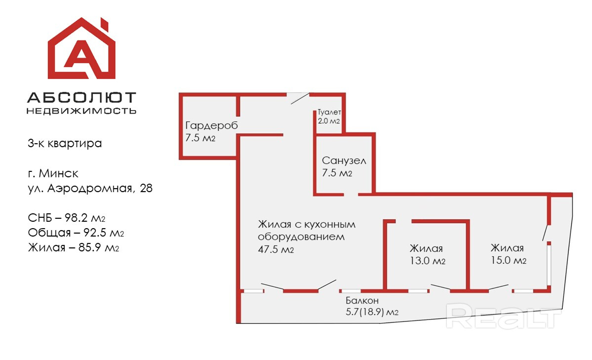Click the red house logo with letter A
coord(81,49)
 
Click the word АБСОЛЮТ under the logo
coord(81,98)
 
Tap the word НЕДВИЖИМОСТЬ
coord(81,111)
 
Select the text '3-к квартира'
coord(65,144)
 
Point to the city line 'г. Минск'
coord(53,173)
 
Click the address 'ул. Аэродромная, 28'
coord(90,188)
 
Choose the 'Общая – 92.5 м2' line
coord(76,233)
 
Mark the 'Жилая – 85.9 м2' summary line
coord(74,247)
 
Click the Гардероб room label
coord(211,125)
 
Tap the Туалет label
coord(329,112)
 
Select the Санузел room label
coord(344,160)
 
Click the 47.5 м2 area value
coord(276,249)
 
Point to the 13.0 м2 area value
coord(428,261)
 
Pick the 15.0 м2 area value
coord(508,260)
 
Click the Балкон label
coord(362,300)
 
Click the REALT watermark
coord(504,317)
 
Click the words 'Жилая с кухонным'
coord(307,224)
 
